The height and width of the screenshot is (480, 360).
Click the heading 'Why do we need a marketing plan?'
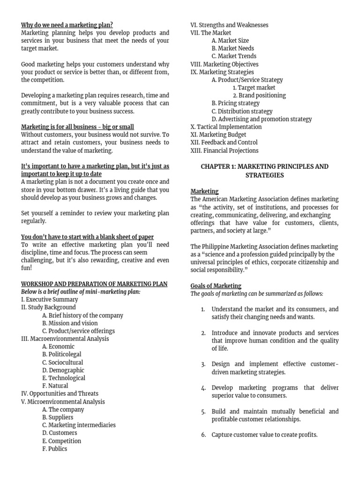67,25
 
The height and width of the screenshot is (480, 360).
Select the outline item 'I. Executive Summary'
49,300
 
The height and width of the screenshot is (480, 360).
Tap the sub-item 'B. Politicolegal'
61,354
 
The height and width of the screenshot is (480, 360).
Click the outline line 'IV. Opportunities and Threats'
60,394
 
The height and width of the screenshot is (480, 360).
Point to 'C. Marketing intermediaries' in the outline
79,425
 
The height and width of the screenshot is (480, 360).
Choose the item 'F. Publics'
54,449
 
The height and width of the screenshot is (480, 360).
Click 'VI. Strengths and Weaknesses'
229,25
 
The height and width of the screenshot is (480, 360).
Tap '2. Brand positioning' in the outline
259,95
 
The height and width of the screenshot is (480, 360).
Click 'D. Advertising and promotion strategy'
261,119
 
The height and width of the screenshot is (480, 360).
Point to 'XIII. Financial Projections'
224,150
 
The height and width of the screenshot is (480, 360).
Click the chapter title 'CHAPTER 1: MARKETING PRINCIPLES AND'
264,166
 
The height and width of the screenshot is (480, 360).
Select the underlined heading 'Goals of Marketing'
216,285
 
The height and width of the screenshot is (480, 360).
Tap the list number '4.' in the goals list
203,388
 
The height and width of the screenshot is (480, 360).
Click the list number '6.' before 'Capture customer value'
203,435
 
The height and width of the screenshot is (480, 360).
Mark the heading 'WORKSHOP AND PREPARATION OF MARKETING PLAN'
94,284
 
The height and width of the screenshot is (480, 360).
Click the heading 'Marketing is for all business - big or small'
77,127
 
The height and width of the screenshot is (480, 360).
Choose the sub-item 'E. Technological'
63,378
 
